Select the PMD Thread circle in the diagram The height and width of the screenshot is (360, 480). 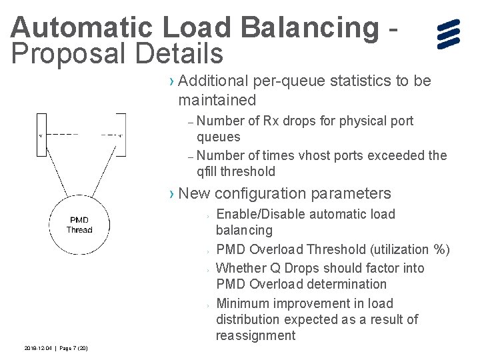coord(79,225)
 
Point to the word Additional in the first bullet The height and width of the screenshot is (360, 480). coord(213,81)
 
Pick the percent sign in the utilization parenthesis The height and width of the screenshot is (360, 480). coord(439,250)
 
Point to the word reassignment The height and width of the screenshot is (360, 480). coord(255,336)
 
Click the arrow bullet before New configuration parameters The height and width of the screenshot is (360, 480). coord(172,194)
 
